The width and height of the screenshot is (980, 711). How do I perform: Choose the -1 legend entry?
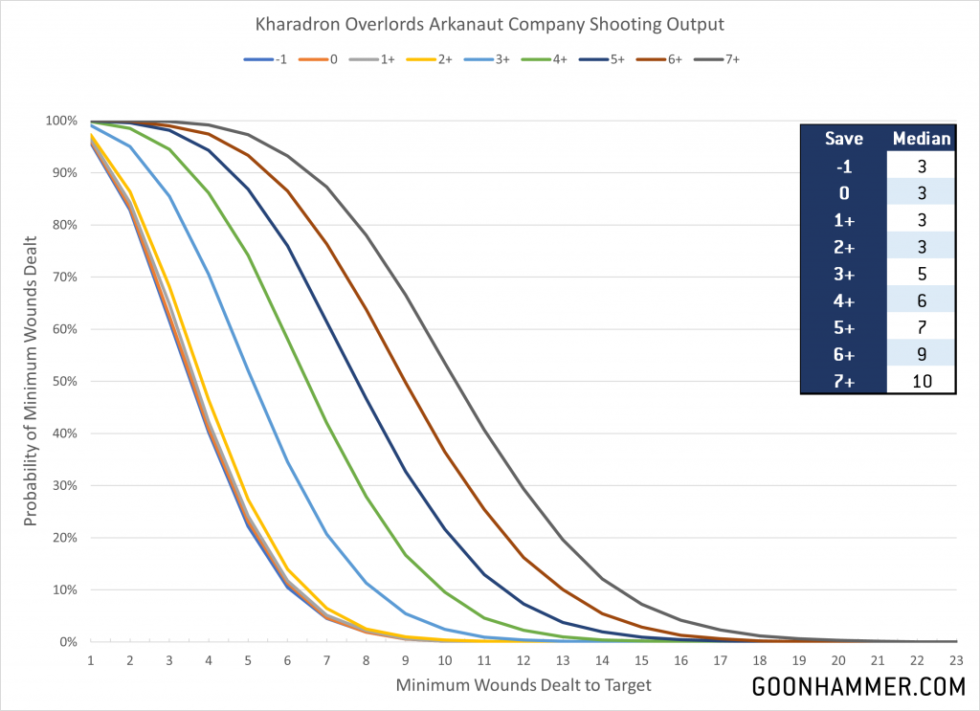tap(269, 58)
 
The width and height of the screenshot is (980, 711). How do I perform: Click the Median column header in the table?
tap(921, 138)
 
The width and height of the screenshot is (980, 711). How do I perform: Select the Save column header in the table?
tap(844, 138)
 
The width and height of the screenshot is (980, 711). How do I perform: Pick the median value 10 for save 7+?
tap(921, 381)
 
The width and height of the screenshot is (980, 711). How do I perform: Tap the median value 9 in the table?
tap(921, 354)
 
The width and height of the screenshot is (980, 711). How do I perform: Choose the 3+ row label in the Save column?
tap(844, 273)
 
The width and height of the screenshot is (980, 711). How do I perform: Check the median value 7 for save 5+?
tap(921, 327)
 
